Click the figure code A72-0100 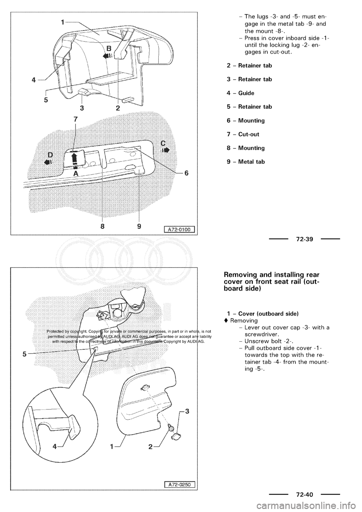click(179, 228)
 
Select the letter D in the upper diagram click(50, 155)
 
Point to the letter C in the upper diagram click(163, 143)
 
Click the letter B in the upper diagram click(109, 49)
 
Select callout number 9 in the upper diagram click(139, 226)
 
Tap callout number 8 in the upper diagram click(103, 226)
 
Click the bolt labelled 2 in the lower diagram click(170, 426)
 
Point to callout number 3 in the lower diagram click(187, 411)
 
